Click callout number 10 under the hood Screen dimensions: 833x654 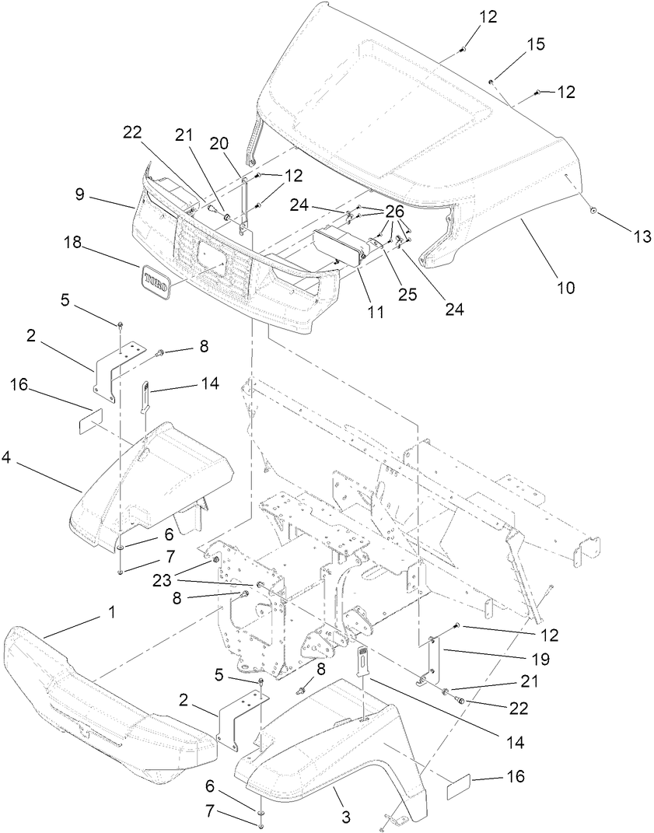pos(565,288)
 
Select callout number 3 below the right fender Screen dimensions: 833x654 pos(345,817)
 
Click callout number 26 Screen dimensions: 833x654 pos(394,212)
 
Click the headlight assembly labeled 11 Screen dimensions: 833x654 pos(337,245)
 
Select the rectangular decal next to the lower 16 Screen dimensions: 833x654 pos(460,786)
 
